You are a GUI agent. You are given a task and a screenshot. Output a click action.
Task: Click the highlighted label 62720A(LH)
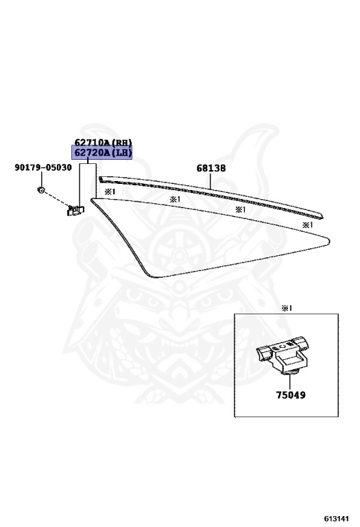101,152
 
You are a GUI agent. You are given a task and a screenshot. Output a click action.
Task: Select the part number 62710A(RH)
103,142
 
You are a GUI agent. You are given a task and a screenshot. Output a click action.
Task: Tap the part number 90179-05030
43,167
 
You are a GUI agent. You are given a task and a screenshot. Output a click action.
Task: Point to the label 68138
211,168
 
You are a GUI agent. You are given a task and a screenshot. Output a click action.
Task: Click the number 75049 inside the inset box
291,395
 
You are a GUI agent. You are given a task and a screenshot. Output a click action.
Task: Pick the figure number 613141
337,518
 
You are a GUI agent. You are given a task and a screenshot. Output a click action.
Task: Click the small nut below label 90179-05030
41,190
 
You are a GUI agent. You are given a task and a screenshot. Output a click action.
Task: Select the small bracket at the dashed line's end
75,211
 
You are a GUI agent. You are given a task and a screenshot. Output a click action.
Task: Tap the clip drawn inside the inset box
283,355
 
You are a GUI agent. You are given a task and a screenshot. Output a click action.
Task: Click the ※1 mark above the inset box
287,308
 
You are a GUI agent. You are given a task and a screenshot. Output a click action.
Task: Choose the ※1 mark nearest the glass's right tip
307,225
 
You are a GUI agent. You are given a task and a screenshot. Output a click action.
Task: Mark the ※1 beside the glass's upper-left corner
110,192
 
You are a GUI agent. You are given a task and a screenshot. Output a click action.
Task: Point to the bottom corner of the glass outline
153,277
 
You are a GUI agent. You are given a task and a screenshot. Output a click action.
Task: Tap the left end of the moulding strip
99,180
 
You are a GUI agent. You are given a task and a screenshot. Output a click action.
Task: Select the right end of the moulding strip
323,216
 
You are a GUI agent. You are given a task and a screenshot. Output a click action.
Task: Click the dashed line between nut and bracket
56,200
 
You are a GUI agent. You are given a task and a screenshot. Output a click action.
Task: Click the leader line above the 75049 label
289,382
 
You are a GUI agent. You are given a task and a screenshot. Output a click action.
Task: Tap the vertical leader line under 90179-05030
41,180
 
